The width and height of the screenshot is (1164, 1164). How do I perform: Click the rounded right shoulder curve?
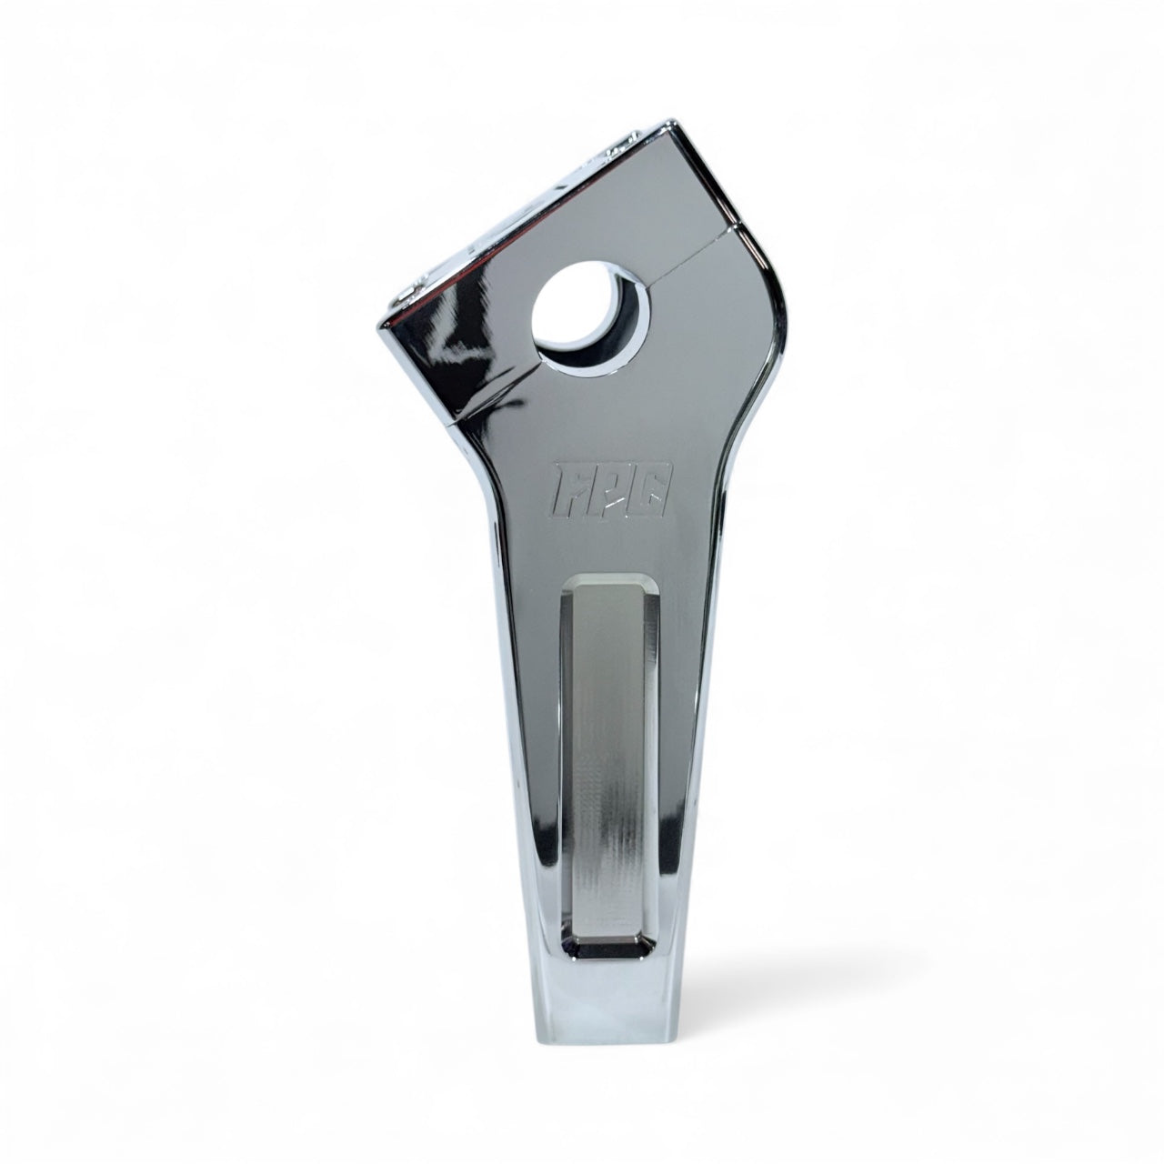pos(773,291)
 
